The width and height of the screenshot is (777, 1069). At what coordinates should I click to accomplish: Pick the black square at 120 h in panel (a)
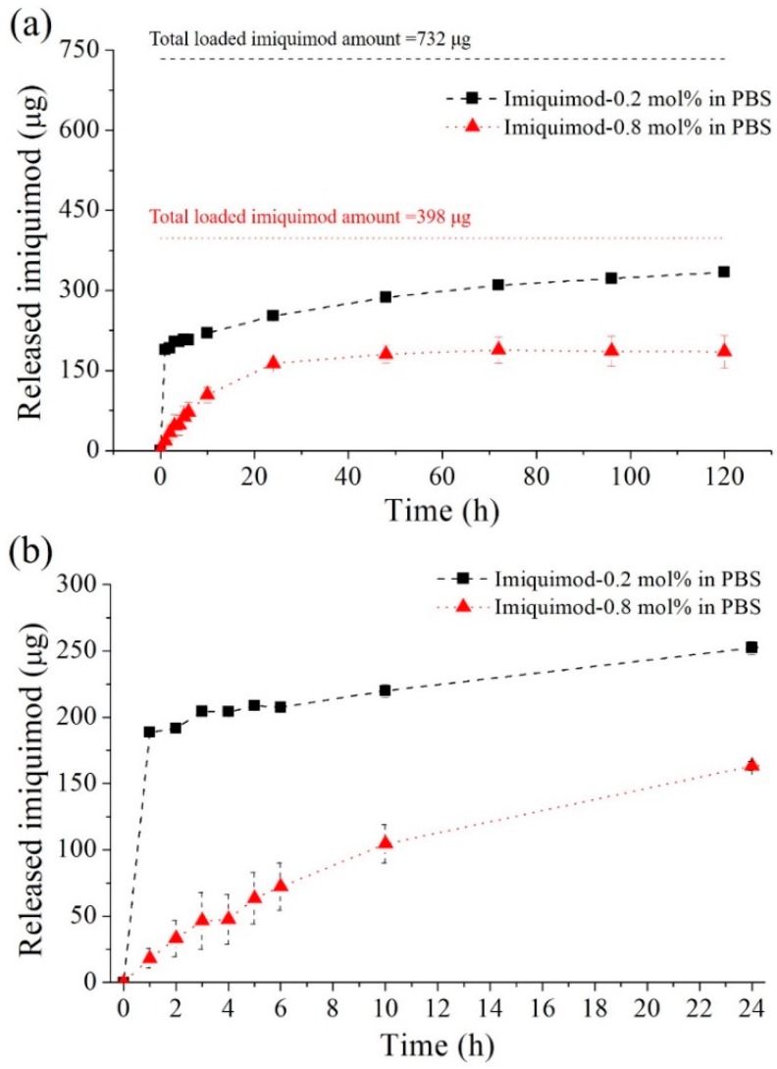click(x=724, y=272)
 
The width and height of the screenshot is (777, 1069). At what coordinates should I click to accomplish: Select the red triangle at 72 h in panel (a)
click(x=498, y=349)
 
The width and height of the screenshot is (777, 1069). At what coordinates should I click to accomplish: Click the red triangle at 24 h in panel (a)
click(x=273, y=362)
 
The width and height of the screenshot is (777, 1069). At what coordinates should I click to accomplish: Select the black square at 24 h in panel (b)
click(x=751, y=647)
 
